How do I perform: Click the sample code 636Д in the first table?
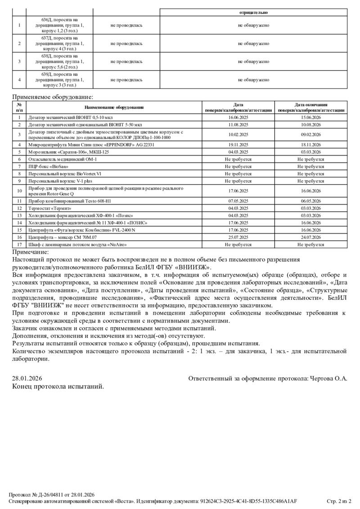pyautogui.click(x=46, y=20)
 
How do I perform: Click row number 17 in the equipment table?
pyautogui.click(x=19, y=245)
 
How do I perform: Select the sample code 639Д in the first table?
pyautogui.click(x=46, y=75)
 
